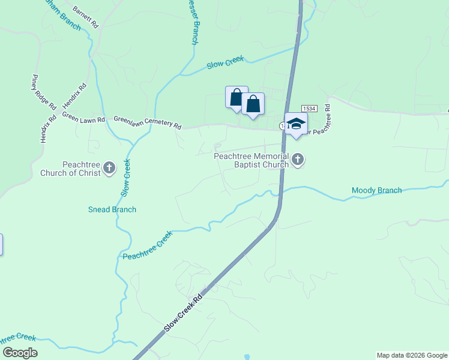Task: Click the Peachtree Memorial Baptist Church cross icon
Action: (x=298, y=160)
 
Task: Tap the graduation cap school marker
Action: (x=295, y=124)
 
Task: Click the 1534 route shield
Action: (x=309, y=107)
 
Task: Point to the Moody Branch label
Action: (x=376, y=191)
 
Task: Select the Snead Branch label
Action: (x=112, y=209)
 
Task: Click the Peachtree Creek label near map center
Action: (x=148, y=246)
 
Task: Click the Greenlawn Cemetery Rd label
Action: (x=147, y=122)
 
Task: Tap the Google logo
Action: (x=19, y=353)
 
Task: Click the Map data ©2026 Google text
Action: (x=412, y=355)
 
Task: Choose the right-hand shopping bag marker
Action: (x=253, y=104)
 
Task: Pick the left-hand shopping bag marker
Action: (x=237, y=97)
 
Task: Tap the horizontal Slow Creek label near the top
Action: (x=226, y=62)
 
